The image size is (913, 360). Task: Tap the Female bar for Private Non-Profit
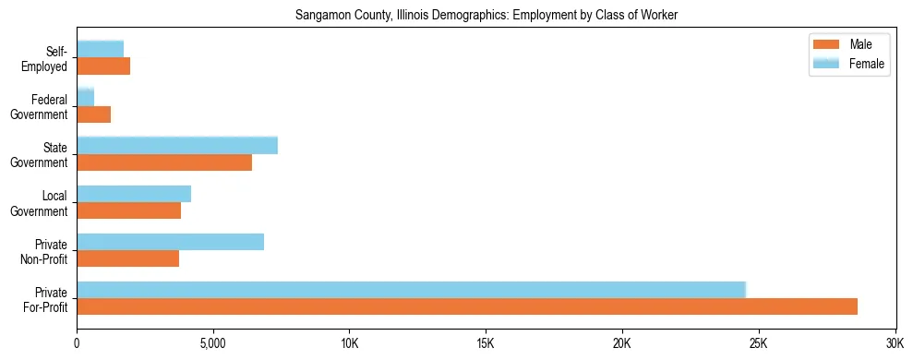tap(170, 242)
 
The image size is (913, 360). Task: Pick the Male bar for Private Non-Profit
tap(127, 258)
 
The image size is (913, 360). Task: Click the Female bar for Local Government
tap(134, 194)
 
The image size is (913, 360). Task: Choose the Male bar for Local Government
tap(128, 210)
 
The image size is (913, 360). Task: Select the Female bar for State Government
tap(177, 145)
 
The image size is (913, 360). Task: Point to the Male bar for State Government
tap(164, 162)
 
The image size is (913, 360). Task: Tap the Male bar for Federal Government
tap(93, 114)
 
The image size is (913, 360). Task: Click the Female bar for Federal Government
tap(85, 97)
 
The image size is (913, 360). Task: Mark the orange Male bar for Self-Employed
tap(103, 66)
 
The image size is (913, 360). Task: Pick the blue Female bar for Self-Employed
tap(100, 49)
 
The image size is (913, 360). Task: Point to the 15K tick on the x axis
tap(486, 342)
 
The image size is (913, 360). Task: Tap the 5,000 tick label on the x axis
tap(213, 342)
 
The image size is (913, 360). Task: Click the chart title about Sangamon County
tap(486, 16)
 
